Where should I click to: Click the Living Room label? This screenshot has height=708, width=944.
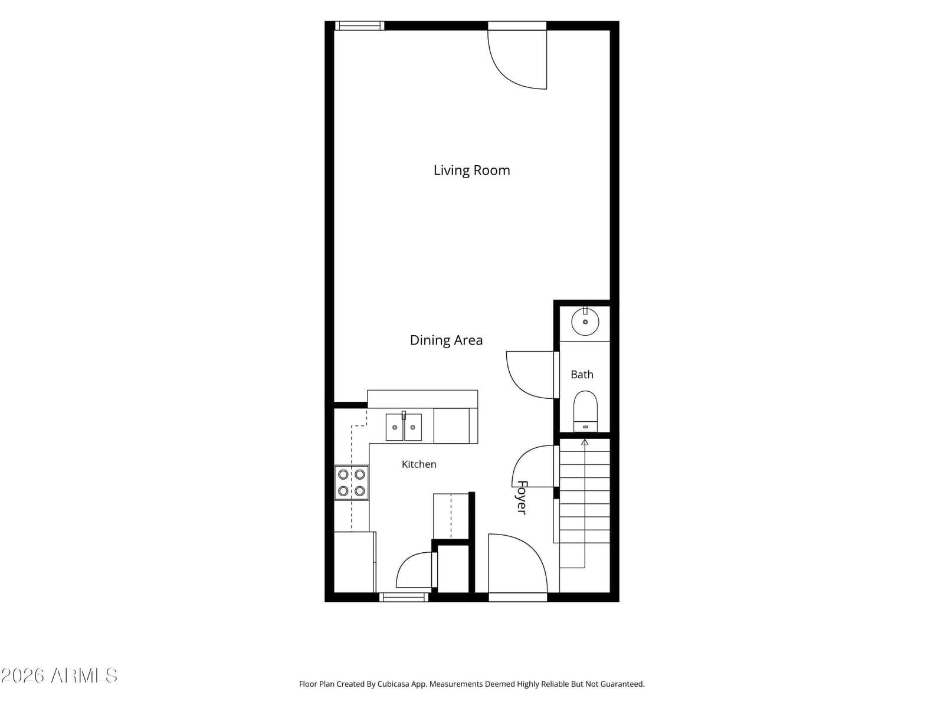click(x=471, y=171)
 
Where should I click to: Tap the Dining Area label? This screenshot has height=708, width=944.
click(x=446, y=340)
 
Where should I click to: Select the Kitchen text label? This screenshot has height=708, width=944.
click(x=419, y=464)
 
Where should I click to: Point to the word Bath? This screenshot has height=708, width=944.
click(x=582, y=375)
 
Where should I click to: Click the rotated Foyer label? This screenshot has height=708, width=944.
click(x=522, y=497)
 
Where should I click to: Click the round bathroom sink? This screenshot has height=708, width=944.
click(x=585, y=322)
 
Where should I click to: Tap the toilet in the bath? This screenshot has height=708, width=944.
click(x=585, y=411)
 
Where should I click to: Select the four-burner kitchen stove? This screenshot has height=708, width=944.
click(x=352, y=483)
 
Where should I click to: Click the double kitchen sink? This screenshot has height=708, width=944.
click(x=404, y=427)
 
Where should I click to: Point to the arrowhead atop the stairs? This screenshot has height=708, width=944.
click(x=585, y=442)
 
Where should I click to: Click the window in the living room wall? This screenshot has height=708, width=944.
click(x=359, y=26)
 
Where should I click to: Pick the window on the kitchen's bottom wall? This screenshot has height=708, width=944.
click(x=404, y=596)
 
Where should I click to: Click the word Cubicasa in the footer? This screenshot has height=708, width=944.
click(x=393, y=684)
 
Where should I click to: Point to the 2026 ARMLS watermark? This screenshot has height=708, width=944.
click(x=60, y=676)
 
